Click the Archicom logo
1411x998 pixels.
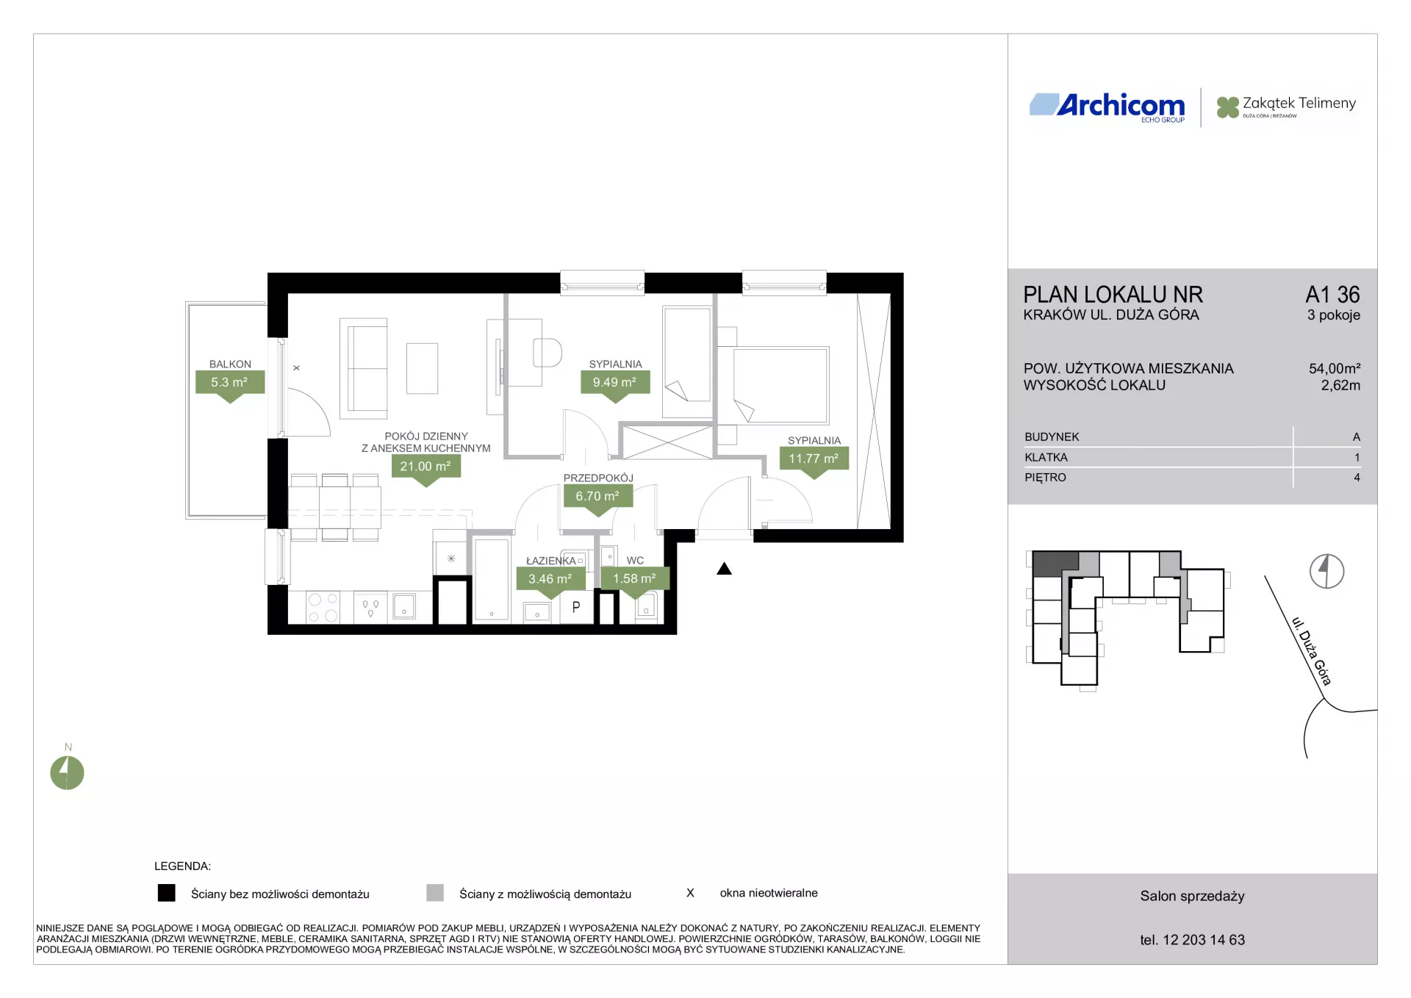click(1107, 107)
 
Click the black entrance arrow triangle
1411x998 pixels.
click(724, 568)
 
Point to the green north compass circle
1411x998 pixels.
click(67, 772)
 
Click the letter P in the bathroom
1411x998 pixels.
click(576, 607)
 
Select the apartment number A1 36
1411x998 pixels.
click(1332, 295)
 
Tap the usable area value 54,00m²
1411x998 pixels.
click(1334, 368)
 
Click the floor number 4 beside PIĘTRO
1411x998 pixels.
click(1357, 477)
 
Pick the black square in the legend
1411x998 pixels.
click(167, 893)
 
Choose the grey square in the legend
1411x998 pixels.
click(435, 893)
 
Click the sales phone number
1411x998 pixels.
click(1192, 940)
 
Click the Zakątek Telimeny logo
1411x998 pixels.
click(1286, 107)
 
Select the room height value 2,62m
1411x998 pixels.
click(1340, 385)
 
